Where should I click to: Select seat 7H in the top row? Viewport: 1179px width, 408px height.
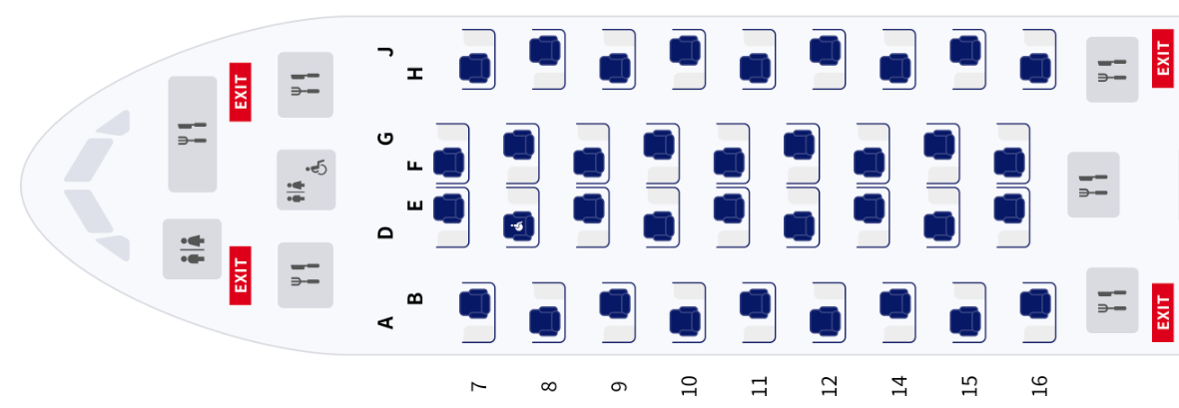[x=474, y=68]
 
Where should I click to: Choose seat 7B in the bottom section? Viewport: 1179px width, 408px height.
[x=474, y=301]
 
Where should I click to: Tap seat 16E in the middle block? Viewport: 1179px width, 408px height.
[x=1009, y=206]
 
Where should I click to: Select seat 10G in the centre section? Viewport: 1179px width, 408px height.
[x=658, y=143]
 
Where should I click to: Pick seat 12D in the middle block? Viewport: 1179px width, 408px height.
[x=799, y=226]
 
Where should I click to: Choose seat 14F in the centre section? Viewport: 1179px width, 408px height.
[x=869, y=163]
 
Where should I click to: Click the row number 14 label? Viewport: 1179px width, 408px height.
[x=898, y=385]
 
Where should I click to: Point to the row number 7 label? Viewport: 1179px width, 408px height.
[x=478, y=385]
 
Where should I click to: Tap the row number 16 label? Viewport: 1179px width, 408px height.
[x=1039, y=385]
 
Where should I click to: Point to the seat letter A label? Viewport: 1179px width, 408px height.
[x=386, y=321]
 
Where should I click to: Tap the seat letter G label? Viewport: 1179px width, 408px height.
[x=386, y=138]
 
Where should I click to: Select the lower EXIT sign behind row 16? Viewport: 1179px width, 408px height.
[x=1162, y=312]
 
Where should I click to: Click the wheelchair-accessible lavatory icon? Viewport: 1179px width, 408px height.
[x=306, y=180]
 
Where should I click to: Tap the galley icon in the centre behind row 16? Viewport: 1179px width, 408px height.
[x=1093, y=185]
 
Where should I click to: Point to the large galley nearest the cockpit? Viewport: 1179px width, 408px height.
[x=192, y=134]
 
